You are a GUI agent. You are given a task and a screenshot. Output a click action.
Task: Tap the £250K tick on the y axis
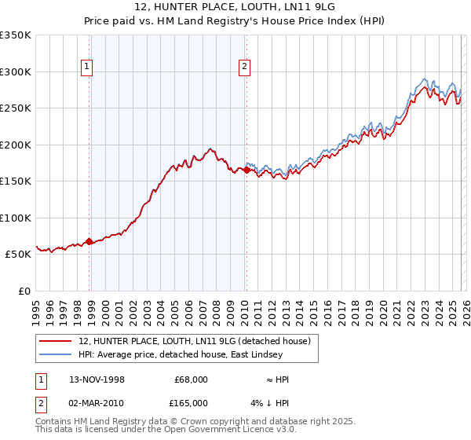coord(16,108)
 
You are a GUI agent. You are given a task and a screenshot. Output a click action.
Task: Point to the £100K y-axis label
coord(16,218)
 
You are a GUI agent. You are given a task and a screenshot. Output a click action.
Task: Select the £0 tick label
coord(24,291)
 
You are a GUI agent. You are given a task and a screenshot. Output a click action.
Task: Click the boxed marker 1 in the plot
coord(86,68)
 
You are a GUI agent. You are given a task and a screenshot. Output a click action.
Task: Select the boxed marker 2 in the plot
coord(245,68)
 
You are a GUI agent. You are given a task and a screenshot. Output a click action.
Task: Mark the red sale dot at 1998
coord(89,241)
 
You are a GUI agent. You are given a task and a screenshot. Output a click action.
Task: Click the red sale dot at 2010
coord(246,170)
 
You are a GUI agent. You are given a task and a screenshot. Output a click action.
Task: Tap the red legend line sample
coord(57,341)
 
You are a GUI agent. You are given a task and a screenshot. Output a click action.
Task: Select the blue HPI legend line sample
coord(57,354)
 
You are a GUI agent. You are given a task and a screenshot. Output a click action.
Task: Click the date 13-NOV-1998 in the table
coord(97,379)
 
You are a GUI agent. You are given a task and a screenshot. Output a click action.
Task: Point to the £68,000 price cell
coord(189,379)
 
